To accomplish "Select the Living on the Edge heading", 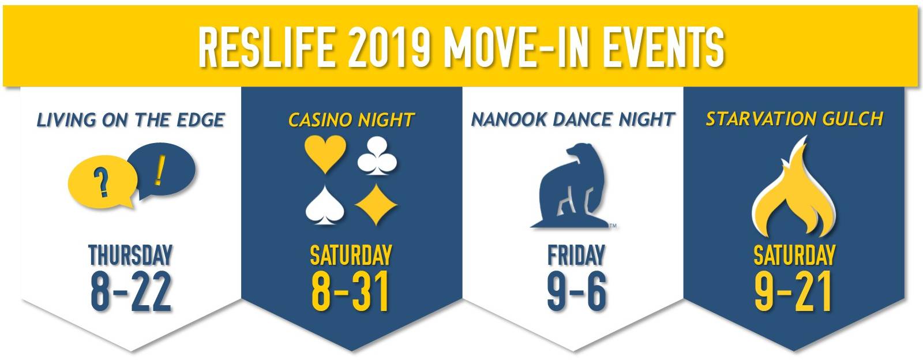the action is coord(130,120).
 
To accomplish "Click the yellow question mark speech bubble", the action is coord(102,182).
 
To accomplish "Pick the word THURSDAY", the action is coord(130,256).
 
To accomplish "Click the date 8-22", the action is coord(130,291).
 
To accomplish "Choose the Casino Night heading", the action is coord(351,120).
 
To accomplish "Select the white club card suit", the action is coord(377,156).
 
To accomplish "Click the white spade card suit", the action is coord(325,205).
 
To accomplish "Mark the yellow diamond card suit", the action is coord(376,205).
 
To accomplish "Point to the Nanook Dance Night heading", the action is coord(573,119).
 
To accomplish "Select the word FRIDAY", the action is coord(576,256).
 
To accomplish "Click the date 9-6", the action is coord(577,291).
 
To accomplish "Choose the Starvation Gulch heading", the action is coord(794,119).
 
